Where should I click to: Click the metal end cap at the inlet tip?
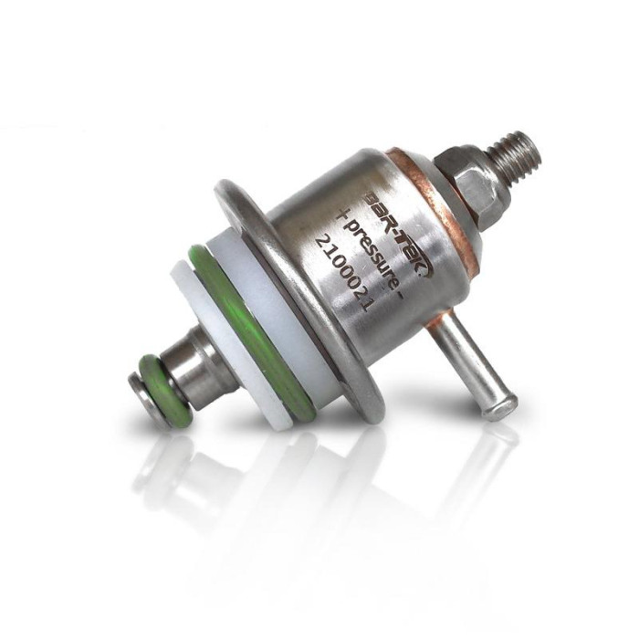pos(135,385)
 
